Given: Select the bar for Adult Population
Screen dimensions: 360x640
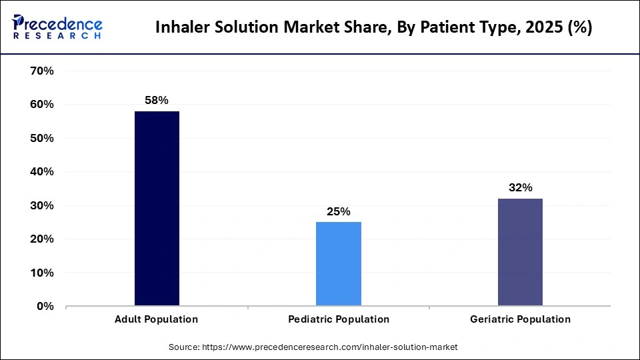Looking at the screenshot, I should (x=157, y=208).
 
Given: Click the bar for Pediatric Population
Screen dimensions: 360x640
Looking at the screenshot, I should (x=339, y=263).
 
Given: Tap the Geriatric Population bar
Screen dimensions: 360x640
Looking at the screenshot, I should (x=520, y=252).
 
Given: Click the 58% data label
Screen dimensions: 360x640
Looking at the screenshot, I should (x=157, y=100).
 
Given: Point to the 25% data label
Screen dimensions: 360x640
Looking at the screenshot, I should (x=339, y=211).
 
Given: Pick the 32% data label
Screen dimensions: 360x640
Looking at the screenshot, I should (x=520, y=188).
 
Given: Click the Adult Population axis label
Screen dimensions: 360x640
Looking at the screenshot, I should (x=157, y=319).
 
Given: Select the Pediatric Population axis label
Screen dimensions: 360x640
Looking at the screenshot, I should (x=339, y=319).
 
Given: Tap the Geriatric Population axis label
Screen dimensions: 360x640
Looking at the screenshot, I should (x=520, y=319).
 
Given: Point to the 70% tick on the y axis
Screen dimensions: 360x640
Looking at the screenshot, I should (x=41, y=71).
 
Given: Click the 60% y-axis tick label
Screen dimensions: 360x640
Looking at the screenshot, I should (x=41, y=105).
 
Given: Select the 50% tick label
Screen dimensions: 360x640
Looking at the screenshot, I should (x=41, y=138).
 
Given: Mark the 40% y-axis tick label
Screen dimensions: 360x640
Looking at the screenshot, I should (x=41, y=172).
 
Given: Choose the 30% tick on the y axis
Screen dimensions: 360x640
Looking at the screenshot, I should (x=41, y=205).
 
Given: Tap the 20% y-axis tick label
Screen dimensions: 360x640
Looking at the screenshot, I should (x=41, y=239).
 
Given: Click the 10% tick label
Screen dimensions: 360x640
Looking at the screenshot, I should (x=41, y=273).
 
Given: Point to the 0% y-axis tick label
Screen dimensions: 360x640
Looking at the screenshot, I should (x=45, y=307).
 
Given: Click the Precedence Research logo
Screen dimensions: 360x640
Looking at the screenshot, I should (x=57, y=27).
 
